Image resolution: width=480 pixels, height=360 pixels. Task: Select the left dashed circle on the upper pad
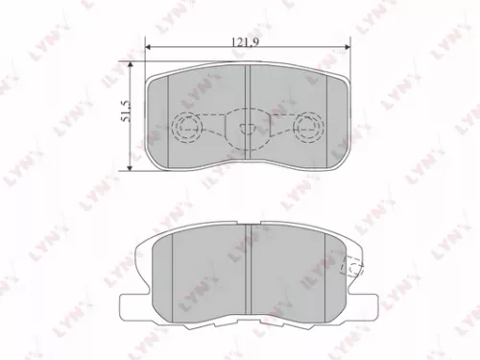tap(187, 126)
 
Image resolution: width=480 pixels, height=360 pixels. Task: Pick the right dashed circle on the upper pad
tap(308, 126)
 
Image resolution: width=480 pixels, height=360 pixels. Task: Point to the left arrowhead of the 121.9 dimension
tap(149, 48)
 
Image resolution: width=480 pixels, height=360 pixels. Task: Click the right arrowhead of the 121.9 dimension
tap(348, 48)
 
